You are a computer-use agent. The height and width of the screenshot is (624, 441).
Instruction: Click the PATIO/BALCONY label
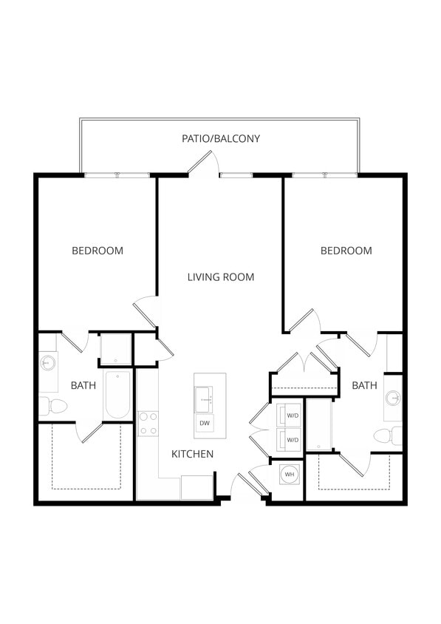pyautogui.click(x=221, y=138)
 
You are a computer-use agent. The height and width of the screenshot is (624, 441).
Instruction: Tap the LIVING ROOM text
pyautogui.click(x=220, y=277)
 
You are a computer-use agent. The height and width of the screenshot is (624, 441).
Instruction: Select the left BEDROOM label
pyautogui.click(x=98, y=251)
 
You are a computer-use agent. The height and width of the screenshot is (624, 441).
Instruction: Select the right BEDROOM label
pyautogui.click(x=346, y=251)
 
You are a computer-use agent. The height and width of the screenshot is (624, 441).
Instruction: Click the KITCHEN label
pyautogui.click(x=193, y=454)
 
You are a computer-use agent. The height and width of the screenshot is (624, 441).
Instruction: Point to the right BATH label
pyautogui.click(x=363, y=385)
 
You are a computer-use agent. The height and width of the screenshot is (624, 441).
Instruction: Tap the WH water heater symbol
pyautogui.click(x=289, y=474)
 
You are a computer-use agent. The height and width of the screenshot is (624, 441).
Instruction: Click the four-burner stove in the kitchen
pyautogui.click(x=148, y=423)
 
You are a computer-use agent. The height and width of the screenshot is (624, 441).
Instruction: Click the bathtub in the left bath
pyautogui.click(x=118, y=395)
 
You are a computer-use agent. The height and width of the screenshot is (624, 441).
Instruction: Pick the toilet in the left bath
pyautogui.click(x=54, y=406)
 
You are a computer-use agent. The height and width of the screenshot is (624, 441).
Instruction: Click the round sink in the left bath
pyautogui.click(x=49, y=363)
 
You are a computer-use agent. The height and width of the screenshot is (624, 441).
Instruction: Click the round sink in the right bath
pyautogui.click(x=394, y=399)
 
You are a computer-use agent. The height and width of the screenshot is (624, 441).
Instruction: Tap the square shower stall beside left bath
pyautogui.click(x=115, y=349)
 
